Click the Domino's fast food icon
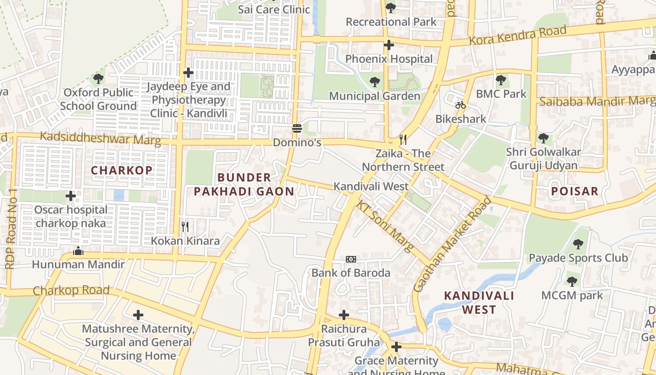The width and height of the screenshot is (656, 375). pos(297,128)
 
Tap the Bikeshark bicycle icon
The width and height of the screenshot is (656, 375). pos(461,105)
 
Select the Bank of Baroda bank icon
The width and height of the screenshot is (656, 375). pos(350,259)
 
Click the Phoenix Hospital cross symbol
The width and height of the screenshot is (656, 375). pos(388,45)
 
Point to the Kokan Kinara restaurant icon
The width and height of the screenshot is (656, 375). pos(185,227)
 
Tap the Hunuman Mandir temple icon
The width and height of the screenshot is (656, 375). pos(78,251)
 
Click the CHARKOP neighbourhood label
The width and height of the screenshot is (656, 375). pos(122,170)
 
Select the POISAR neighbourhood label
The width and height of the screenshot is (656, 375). pos(574,191)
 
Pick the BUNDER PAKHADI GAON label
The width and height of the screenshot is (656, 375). pos(244,184)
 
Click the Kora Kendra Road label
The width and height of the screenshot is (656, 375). pos(518,36)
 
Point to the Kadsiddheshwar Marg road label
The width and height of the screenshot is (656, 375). pos(100,138)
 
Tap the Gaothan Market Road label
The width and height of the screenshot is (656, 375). pos(453,244)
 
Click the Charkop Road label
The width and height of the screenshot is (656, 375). pos(71,290)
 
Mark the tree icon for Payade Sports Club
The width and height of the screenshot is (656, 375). pos(578,244)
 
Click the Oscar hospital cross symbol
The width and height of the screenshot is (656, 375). pos(71,195)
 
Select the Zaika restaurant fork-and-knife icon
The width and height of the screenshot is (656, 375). pos(403,140)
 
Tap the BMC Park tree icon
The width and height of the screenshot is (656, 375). pos(501,80)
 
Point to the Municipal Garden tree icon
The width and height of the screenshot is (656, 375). pos(374,82)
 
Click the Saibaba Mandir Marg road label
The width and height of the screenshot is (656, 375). pos(597,101)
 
